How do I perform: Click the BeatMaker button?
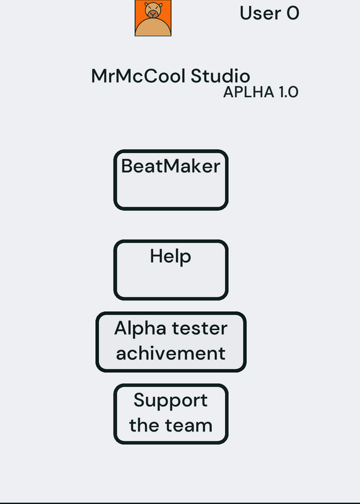tap(171, 180)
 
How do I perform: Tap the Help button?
tap(171, 270)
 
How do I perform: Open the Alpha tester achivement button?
tap(171, 342)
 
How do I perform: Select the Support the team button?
tap(171, 414)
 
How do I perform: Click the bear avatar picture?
tap(153, 18)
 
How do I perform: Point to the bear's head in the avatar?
tap(153, 9)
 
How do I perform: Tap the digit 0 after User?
tap(293, 13)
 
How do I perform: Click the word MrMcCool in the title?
tap(138, 76)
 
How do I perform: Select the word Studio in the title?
tap(221, 76)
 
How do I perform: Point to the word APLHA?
tap(248, 92)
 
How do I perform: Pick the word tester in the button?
tap(200, 328)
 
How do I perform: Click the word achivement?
tap(171, 353)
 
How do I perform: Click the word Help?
tap(170, 257)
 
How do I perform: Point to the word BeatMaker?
tap(171, 166)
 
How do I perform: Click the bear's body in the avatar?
tap(153, 28)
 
